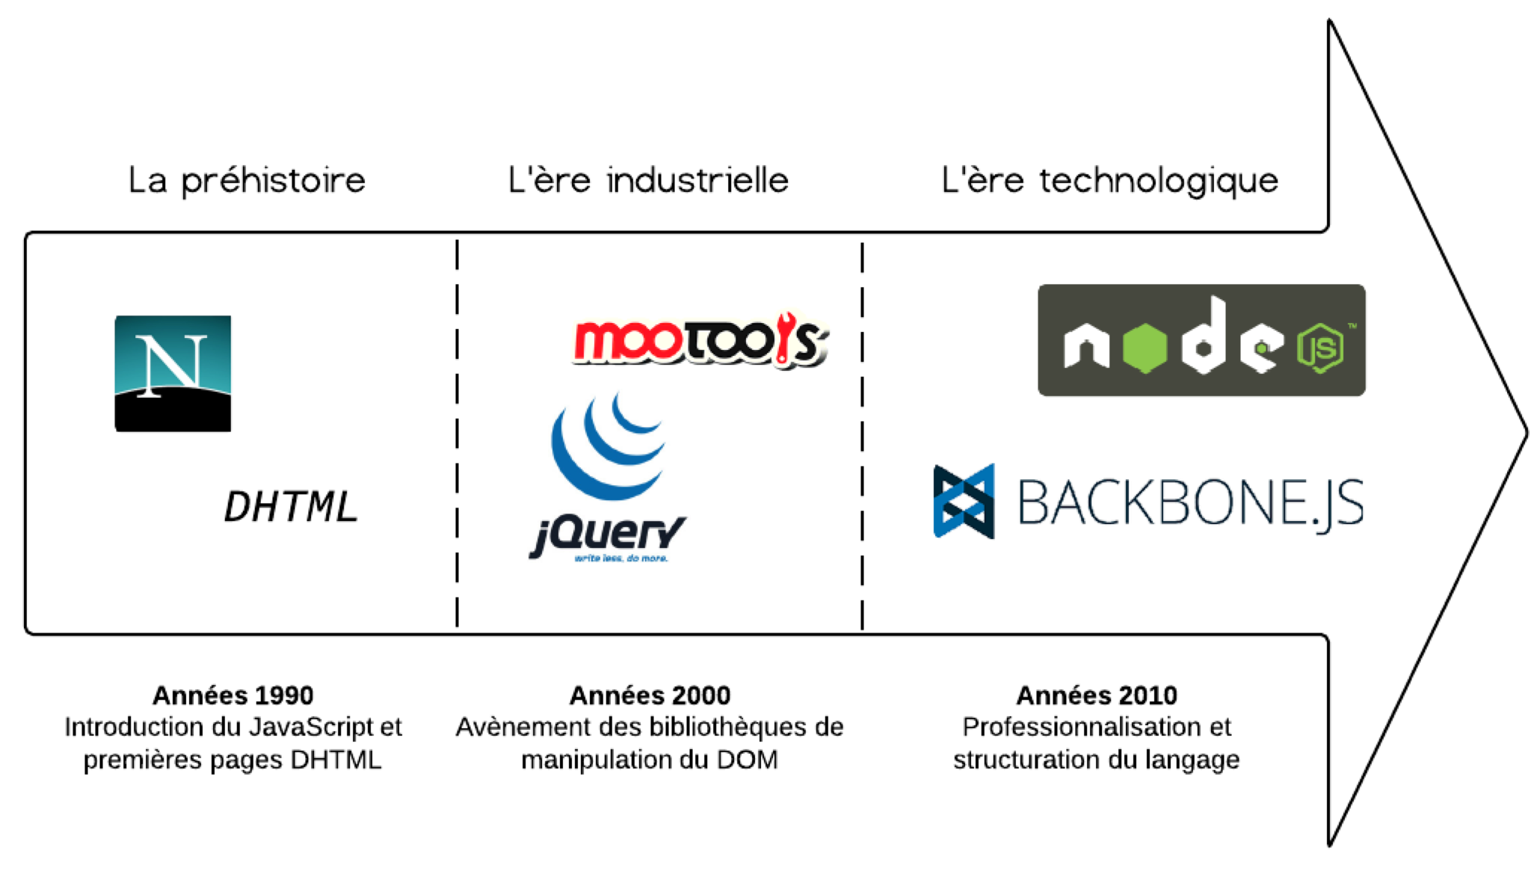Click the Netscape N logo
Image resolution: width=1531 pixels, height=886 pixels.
tap(173, 373)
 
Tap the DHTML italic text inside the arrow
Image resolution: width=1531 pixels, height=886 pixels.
tap(291, 506)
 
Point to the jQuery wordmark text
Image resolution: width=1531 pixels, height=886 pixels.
tap(607, 536)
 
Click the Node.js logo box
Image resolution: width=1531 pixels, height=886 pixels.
tap(1201, 339)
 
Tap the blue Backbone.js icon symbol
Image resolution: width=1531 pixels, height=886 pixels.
tap(964, 501)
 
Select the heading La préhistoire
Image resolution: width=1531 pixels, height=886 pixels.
tap(247, 181)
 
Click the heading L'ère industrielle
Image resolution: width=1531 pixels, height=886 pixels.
tap(648, 180)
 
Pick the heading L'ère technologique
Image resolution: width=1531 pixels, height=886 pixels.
tap(1110, 181)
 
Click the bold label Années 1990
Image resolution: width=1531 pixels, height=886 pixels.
tap(233, 695)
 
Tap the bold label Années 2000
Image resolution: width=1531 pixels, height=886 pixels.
tap(650, 695)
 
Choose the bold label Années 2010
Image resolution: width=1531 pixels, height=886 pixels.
tap(1097, 695)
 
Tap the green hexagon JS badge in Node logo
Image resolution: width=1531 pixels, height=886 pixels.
tap(1321, 348)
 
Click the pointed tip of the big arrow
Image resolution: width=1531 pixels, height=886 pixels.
tap(1527, 432)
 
